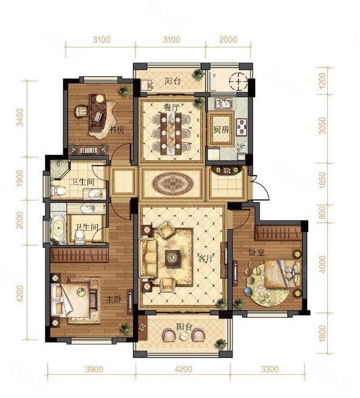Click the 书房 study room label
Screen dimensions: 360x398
(117, 130)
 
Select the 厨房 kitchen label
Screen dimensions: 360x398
(221, 129)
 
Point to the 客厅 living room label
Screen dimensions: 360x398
(206, 259)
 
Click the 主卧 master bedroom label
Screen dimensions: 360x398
(114, 300)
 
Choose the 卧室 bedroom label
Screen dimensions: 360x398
(257, 253)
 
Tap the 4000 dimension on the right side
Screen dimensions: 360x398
(323, 264)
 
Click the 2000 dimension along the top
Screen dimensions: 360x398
(228, 40)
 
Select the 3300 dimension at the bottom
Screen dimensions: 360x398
(270, 369)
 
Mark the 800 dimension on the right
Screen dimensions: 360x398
(322, 212)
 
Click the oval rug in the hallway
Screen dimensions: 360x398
(172, 183)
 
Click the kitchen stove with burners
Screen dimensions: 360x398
(241, 126)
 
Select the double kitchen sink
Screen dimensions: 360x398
(224, 103)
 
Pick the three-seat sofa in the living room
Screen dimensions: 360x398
(148, 258)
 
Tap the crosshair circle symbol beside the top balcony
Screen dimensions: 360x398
(238, 82)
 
